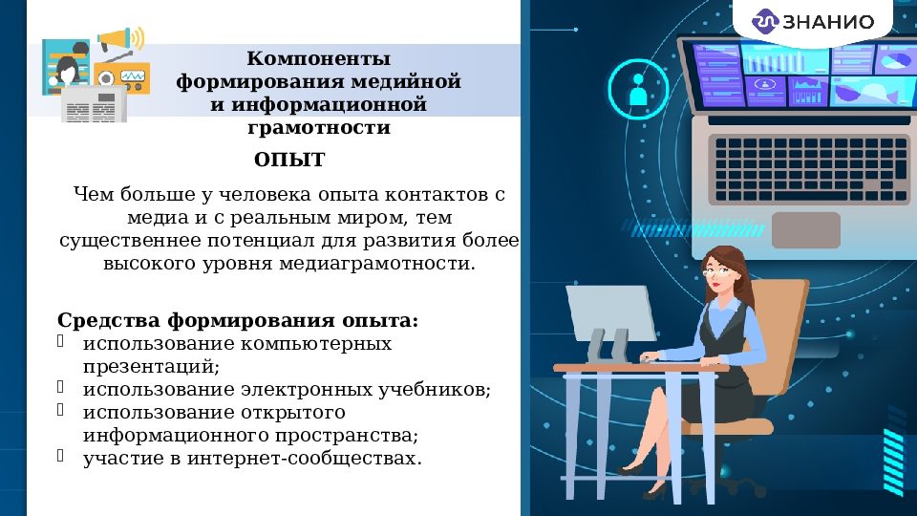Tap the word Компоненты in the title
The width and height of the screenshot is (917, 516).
[x=318, y=59]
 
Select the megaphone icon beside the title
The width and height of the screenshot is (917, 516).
[x=120, y=39]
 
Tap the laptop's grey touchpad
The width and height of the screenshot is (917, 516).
[x=805, y=229]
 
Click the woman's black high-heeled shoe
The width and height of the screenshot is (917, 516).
[x=633, y=466]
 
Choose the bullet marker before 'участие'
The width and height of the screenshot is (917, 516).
[x=61, y=456]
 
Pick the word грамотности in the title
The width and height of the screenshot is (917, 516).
[x=318, y=127]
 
